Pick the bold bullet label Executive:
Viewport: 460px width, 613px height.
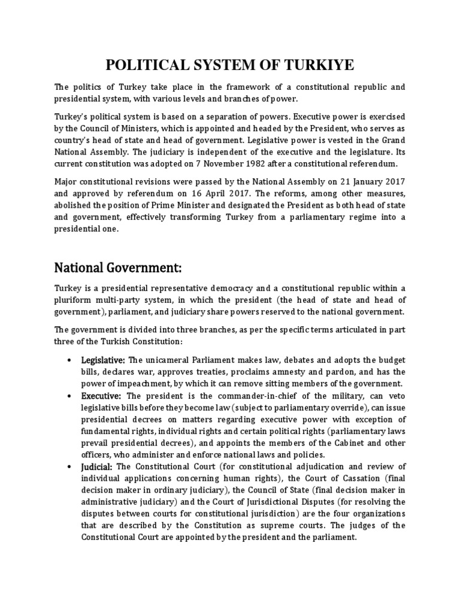click(x=101, y=396)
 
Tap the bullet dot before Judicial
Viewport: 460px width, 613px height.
click(x=70, y=467)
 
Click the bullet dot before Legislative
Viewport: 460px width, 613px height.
click(x=70, y=360)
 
